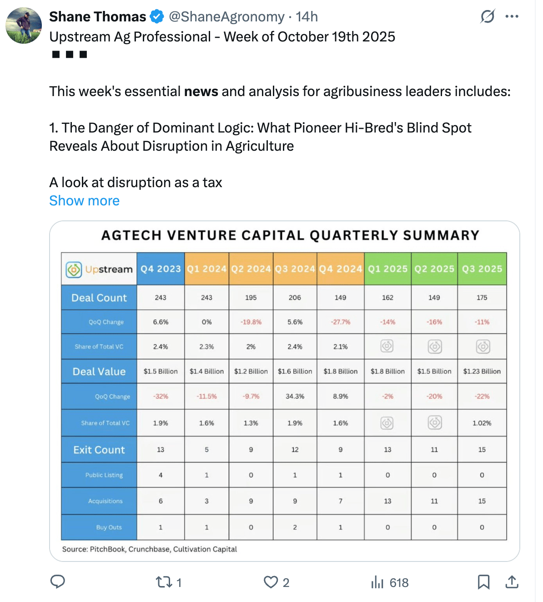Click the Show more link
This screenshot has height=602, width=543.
[84, 201]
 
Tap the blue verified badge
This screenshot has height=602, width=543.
[157, 17]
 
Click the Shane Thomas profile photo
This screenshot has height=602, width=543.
[24, 26]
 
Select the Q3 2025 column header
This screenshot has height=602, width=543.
[482, 269]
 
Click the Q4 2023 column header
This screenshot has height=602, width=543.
[161, 269]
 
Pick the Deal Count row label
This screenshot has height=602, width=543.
[99, 298]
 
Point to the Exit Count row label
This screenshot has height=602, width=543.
[99, 450]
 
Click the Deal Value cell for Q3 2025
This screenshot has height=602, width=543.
[482, 371]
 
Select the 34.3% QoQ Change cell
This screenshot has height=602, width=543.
[295, 396]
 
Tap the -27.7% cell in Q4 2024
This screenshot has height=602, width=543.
[341, 322]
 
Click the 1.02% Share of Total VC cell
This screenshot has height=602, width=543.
[482, 423]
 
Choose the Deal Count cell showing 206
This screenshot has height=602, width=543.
[295, 298]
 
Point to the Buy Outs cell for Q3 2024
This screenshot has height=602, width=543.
[295, 527]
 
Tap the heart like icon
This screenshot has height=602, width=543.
[271, 582]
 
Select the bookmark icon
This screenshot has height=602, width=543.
[483, 582]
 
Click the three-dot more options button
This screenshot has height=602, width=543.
[512, 17]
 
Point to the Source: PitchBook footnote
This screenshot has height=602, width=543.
[150, 549]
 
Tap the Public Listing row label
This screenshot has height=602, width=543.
[104, 475]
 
